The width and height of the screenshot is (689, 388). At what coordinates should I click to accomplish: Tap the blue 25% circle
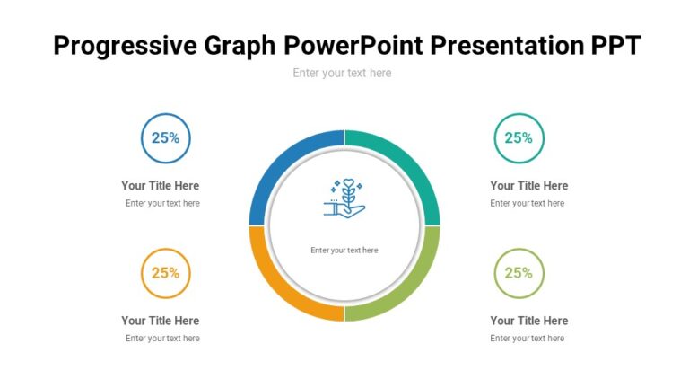click(x=165, y=138)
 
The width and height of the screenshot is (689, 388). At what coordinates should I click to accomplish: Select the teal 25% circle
click(x=519, y=138)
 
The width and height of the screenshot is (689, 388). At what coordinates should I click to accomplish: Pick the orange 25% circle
click(x=165, y=273)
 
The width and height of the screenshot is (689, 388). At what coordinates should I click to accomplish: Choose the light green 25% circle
click(x=519, y=273)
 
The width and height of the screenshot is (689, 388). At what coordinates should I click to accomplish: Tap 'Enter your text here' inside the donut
click(x=344, y=251)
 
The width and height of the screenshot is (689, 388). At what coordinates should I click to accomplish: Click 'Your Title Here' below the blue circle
click(x=161, y=186)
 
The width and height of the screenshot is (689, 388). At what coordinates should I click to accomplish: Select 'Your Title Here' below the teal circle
click(x=529, y=186)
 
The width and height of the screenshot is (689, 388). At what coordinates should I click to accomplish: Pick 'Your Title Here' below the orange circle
click(x=161, y=321)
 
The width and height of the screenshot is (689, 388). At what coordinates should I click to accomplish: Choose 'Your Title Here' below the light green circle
click(x=529, y=321)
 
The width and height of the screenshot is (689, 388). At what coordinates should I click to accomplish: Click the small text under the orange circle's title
click(x=162, y=339)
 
